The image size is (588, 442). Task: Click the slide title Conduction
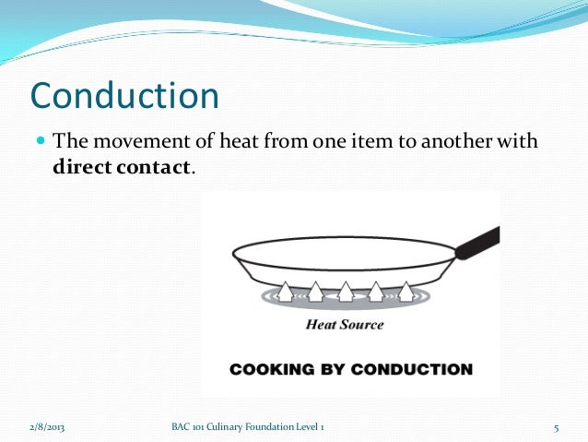click(124, 96)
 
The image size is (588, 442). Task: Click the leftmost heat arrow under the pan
click(286, 292)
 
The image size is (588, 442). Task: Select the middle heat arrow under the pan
click(346, 292)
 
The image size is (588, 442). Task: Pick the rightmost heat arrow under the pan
click(406, 292)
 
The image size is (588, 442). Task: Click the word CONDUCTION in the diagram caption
click(415, 370)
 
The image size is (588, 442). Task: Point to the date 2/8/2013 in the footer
click(47, 427)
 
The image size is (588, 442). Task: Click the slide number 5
click(558, 427)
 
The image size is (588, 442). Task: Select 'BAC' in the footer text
click(182, 427)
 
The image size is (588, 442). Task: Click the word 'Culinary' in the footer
click(229, 427)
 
